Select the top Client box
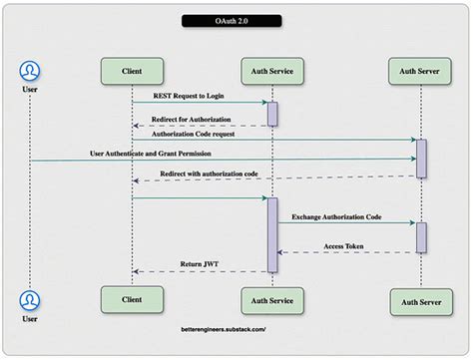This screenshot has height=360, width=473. coord(132,72)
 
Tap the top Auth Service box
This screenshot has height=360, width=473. coord(271,72)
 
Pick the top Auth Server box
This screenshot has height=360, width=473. coord(419,72)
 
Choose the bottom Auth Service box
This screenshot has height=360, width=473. coord(271,299)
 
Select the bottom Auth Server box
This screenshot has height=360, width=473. coord(419,299)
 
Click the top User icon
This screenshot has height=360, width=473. coord(30,71)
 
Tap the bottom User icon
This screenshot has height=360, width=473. coord(30,299)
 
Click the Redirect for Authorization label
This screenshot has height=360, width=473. coord(181,119)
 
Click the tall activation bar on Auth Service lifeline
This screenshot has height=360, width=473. coord(271,233)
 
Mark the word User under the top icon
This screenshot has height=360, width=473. coord(30,89)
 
